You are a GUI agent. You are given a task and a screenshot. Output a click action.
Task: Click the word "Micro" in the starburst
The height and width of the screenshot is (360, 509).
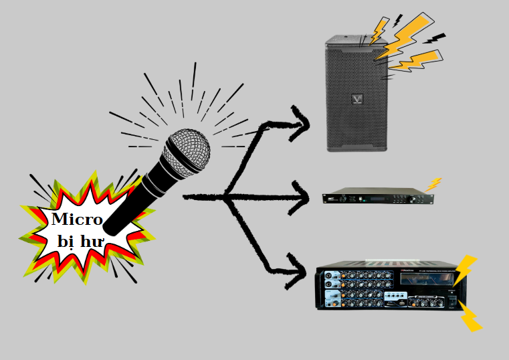[x=77, y=219]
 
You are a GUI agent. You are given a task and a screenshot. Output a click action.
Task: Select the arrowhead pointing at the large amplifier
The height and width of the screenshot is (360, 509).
[x=297, y=271]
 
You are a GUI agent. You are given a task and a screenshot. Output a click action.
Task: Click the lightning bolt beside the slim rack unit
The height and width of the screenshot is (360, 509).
[x=434, y=183]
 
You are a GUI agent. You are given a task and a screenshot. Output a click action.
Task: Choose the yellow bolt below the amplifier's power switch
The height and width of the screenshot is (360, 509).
[x=471, y=318]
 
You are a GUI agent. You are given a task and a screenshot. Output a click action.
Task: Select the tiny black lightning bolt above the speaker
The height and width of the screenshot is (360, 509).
[x=399, y=19]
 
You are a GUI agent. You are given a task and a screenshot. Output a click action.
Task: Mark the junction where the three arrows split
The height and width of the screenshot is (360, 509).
[x=225, y=197]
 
